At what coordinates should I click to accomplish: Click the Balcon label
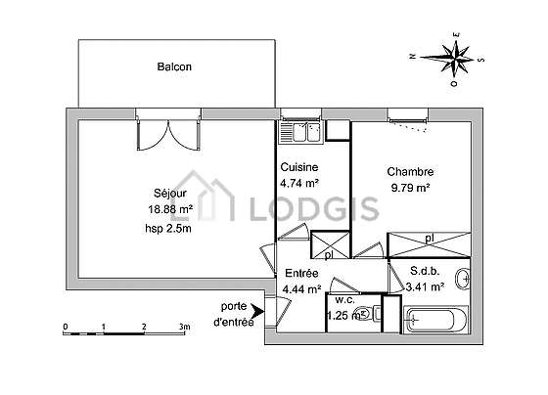coord(174,66)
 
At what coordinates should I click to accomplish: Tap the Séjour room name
coord(170,194)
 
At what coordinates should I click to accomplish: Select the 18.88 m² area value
coord(170,209)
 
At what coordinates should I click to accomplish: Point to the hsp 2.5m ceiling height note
coord(168,229)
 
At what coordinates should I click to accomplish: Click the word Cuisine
coord(299,167)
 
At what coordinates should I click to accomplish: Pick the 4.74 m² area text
coord(299,183)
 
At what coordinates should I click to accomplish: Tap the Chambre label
coord(410,172)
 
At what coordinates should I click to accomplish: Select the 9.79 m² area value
coord(410,188)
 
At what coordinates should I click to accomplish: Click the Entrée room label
coord(301,273)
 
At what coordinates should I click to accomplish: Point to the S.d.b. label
coord(425,271)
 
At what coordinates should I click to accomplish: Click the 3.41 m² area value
coord(425,287)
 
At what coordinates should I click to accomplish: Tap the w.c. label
coord(344,299)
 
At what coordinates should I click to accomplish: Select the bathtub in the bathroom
coord(435,319)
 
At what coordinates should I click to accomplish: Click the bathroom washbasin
coord(463,279)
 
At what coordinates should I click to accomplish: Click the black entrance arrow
coord(258,311)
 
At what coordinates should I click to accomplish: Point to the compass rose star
coord(454,58)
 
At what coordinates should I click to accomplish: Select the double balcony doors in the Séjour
coord(168,135)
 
